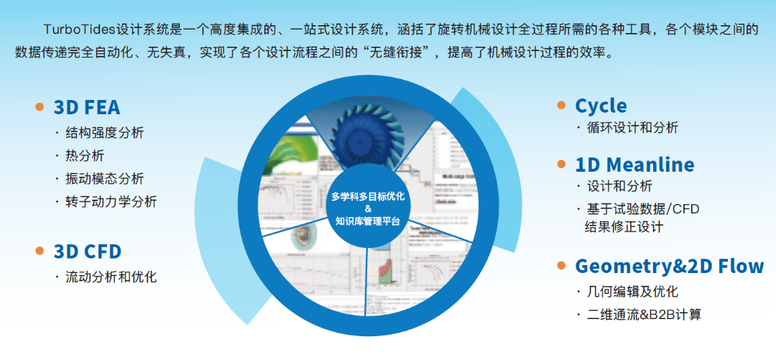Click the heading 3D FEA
point(87,108)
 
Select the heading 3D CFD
point(87,251)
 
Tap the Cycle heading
point(601,106)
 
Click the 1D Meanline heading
point(634,165)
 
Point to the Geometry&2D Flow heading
point(669,266)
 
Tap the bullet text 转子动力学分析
point(111,202)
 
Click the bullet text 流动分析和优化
point(111,277)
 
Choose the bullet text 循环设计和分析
point(632,128)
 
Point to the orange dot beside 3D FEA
point(40,107)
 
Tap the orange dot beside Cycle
point(561,105)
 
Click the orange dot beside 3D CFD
point(40,251)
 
